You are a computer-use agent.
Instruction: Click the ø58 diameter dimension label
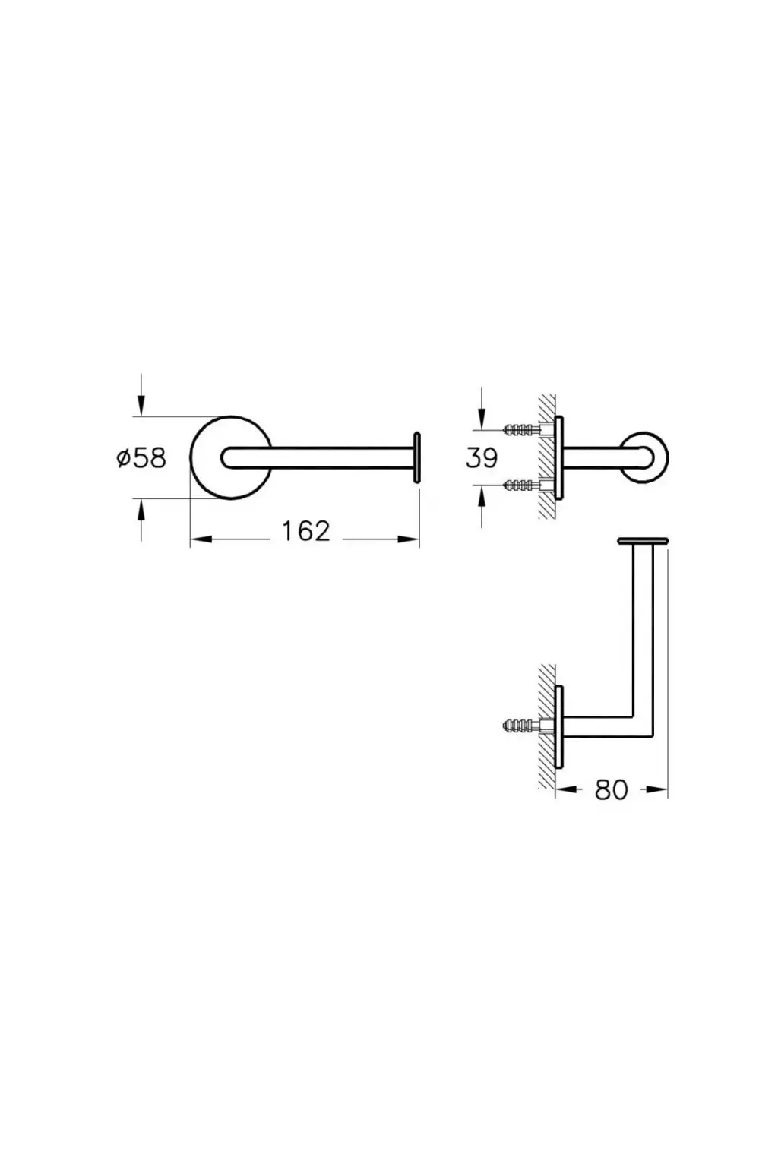tap(141, 457)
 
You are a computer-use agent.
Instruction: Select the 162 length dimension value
tap(305, 531)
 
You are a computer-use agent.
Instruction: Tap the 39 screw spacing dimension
tap(481, 458)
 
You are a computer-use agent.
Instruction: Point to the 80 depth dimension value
tap(612, 790)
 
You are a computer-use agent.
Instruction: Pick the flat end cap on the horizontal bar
tap(416, 457)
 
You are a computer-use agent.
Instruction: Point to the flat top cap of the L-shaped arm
tap(643, 541)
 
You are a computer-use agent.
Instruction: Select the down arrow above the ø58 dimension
tap(141, 395)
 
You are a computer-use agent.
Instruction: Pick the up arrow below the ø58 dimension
tap(141, 520)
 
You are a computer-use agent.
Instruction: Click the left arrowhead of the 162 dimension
tap(201, 539)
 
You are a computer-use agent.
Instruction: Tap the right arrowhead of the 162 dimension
tap(409, 539)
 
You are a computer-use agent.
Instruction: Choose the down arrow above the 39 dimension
tap(482, 409)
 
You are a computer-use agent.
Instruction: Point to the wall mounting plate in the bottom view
tap(559, 726)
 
